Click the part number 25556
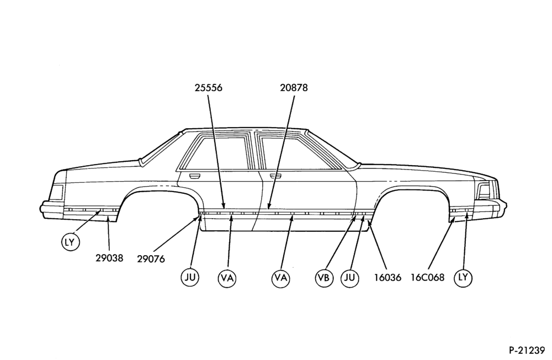[209, 88]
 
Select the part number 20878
[294, 88]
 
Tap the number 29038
[109, 258]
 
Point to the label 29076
[151, 260]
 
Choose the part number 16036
[388, 278]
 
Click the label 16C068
[427, 278]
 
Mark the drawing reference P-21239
[527, 351]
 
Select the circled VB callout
[323, 278]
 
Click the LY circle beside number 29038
[70, 242]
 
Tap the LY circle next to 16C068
[463, 278]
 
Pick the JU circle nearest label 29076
[190, 278]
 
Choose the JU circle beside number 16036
[349, 278]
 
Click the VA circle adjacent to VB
[280, 278]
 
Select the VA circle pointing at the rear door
[227, 278]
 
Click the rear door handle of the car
[194, 175]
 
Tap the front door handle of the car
[276, 176]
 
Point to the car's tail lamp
[56, 193]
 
